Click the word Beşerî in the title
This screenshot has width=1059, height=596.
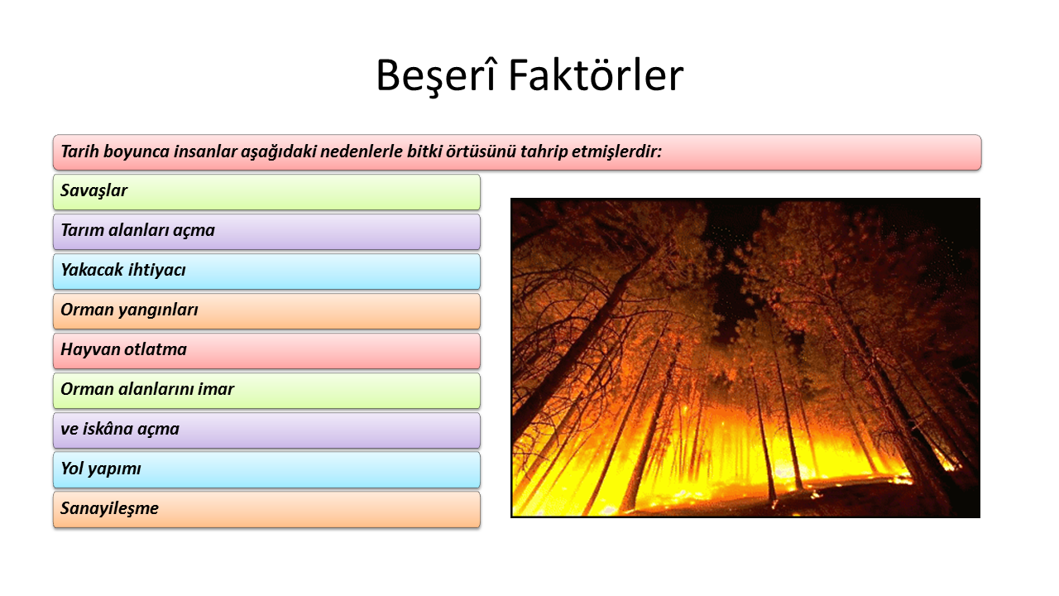(x=436, y=76)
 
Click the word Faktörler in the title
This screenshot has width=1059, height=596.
(x=596, y=74)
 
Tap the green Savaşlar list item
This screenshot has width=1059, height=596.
(x=266, y=192)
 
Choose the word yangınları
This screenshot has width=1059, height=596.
(x=158, y=310)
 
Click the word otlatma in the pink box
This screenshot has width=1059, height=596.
(x=156, y=349)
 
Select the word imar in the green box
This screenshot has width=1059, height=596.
(x=216, y=389)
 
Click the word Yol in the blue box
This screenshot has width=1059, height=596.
(x=72, y=469)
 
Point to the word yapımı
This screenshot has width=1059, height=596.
(x=114, y=469)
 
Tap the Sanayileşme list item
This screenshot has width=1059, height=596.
(x=266, y=509)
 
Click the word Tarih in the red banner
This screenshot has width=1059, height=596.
(x=79, y=151)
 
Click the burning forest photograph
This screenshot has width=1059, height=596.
(x=745, y=358)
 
